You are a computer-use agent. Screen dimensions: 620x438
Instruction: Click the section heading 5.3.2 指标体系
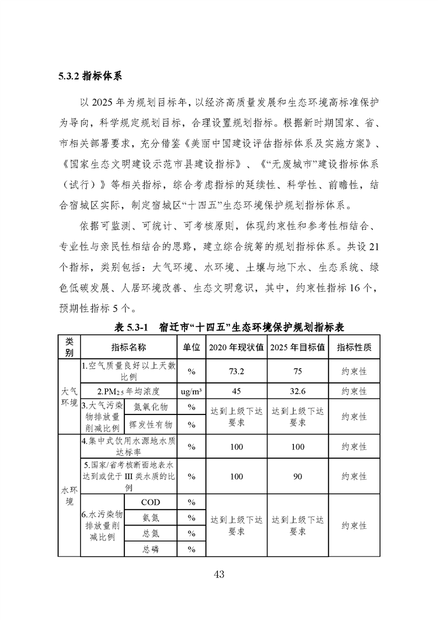click(89, 76)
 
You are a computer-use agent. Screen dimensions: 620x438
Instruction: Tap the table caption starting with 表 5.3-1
click(229, 327)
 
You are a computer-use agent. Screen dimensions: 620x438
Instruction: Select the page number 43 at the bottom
click(219, 574)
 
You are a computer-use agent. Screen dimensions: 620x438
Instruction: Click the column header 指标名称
click(128, 346)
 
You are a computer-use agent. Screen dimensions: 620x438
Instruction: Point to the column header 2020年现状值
click(236, 347)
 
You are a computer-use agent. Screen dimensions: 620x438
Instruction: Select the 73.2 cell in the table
click(236, 371)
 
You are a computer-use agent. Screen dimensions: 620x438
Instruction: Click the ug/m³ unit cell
click(191, 391)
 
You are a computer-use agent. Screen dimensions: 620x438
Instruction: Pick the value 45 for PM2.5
click(236, 391)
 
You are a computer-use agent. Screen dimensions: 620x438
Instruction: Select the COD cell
click(150, 502)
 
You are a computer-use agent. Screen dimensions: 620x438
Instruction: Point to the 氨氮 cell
click(150, 518)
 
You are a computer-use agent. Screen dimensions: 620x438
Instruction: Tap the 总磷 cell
click(150, 549)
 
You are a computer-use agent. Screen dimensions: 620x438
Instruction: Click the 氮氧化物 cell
click(150, 407)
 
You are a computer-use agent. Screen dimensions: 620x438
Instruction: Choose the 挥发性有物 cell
click(150, 424)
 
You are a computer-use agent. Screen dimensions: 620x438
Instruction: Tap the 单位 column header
click(191, 347)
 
